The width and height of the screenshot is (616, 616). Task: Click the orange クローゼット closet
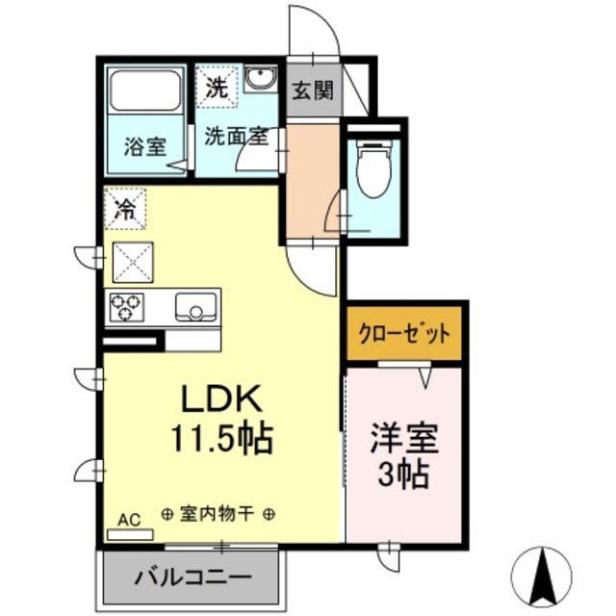[x=404, y=334]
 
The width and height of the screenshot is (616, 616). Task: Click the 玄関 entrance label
[x=313, y=91]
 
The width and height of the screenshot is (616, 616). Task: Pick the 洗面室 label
[x=234, y=136]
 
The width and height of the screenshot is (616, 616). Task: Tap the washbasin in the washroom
[x=259, y=81]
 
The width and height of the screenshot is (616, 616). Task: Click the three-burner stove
[x=125, y=307]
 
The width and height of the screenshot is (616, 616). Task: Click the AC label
[x=129, y=520]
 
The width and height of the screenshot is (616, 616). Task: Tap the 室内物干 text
[x=218, y=514]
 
